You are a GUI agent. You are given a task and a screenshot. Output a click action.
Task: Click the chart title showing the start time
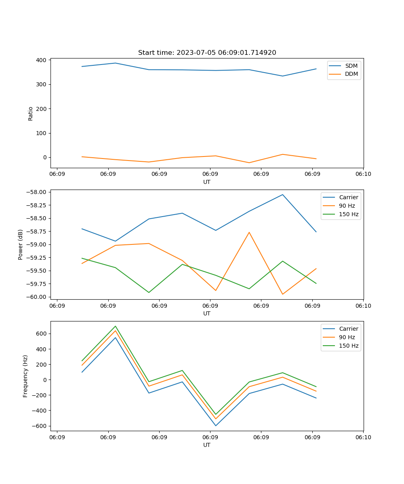click(207, 53)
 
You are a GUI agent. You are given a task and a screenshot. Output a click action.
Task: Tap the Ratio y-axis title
click(31, 113)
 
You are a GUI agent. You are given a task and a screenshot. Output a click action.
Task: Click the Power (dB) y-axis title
click(21, 244)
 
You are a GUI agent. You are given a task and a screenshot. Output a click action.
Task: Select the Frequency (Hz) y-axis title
click(25, 376)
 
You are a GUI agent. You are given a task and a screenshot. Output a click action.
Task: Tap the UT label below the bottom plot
click(207, 445)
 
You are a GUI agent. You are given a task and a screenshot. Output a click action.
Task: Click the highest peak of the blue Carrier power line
click(283, 194)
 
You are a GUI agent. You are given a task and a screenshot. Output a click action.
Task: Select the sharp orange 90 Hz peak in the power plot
click(249, 232)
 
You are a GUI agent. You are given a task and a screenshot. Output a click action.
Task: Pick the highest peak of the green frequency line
click(116, 326)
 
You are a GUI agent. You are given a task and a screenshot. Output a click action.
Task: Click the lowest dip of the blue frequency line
click(216, 426)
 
